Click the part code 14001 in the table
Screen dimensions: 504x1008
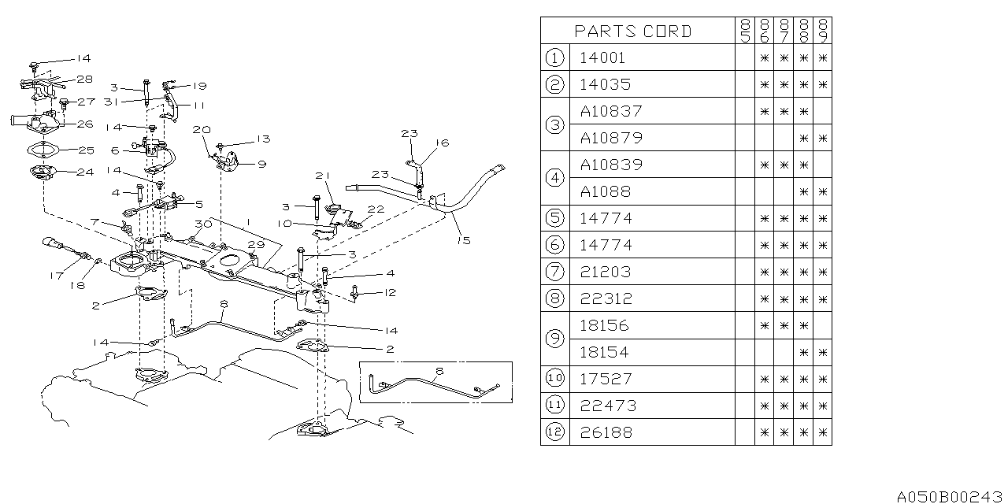coord(603,57)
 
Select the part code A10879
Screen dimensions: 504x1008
coord(611,138)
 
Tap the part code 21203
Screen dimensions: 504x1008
coord(606,272)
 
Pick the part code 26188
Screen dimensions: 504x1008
coord(606,432)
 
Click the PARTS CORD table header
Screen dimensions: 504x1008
coord(633,31)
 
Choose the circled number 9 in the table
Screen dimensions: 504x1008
coord(554,339)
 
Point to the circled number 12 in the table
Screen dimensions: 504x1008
coord(554,432)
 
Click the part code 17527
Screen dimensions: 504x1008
coord(606,379)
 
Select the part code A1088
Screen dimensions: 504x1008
coord(606,191)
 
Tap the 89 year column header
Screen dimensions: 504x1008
coord(823,31)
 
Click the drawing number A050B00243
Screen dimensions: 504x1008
coord(950,495)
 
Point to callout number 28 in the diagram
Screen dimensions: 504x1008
coord(84,80)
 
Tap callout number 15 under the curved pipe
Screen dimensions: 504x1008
coord(464,240)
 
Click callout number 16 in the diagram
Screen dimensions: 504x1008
coord(443,143)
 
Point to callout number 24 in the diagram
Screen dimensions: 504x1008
coord(84,172)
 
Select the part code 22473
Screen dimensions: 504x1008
coord(606,406)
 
